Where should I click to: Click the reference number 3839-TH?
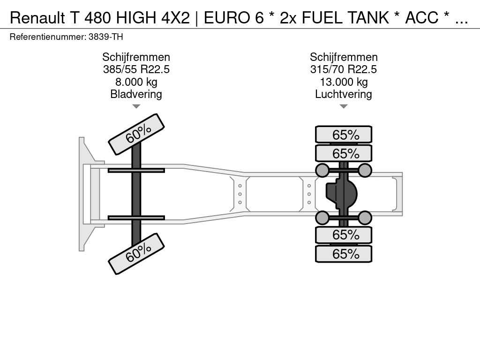pyautogui.click(x=105, y=37)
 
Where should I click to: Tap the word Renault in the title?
pyautogui.click(x=37, y=18)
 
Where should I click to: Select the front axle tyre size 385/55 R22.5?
pyautogui.click(x=136, y=69)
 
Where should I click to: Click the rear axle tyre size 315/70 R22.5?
pyautogui.click(x=344, y=69)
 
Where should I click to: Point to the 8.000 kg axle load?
pyautogui.click(x=136, y=82)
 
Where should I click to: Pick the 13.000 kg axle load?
pyautogui.click(x=344, y=82)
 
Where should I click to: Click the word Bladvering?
pyautogui.click(x=136, y=94)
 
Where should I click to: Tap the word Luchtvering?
pyautogui.click(x=344, y=94)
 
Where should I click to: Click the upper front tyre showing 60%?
pyautogui.click(x=136, y=134)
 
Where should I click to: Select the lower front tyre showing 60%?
pyautogui.click(x=136, y=254)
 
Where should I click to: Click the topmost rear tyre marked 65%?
pyautogui.click(x=344, y=135)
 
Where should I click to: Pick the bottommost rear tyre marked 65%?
pyautogui.click(x=344, y=254)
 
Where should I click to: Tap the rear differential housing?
pyautogui.click(x=341, y=194)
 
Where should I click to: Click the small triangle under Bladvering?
pyautogui.click(x=136, y=106)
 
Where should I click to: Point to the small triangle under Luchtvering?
pyautogui.click(x=344, y=106)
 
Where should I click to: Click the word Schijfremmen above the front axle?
pyautogui.click(x=136, y=57)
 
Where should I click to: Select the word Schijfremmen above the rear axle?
pyautogui.click(x=344, y=57)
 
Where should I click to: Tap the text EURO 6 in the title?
pyautogui.click(x=233, y=18)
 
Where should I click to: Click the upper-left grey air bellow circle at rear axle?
pyautogui.click(x=322, y=170)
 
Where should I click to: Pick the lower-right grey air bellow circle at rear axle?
pyautogui.click(x=365, y=218)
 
